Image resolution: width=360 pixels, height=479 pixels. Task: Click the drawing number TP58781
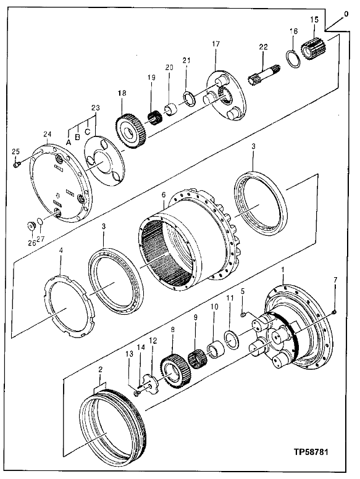coord(311,452)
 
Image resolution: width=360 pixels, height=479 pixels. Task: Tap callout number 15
coord(314,20)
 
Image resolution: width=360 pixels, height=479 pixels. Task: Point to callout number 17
coord(216,44)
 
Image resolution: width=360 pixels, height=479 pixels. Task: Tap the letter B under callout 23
coord(78,136)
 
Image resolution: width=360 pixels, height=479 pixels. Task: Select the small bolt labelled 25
coord(17,165)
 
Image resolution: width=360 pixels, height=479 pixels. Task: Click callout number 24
coord(48,134)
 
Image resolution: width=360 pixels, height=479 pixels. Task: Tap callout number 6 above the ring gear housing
coord(164,194)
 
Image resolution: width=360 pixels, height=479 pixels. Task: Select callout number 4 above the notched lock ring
coord(61,250)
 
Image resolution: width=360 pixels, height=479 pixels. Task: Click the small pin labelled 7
coord(334,312)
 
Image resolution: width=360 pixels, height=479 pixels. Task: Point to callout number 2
coord(100,370)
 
